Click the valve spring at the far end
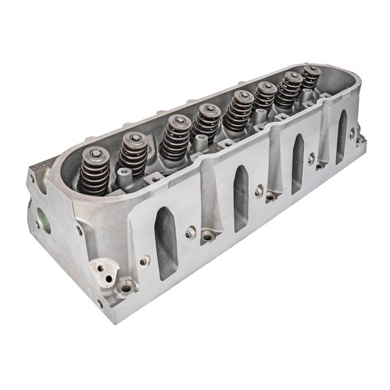[311, 77]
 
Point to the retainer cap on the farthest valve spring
[312, 69]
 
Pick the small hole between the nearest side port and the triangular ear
[143, 259]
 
